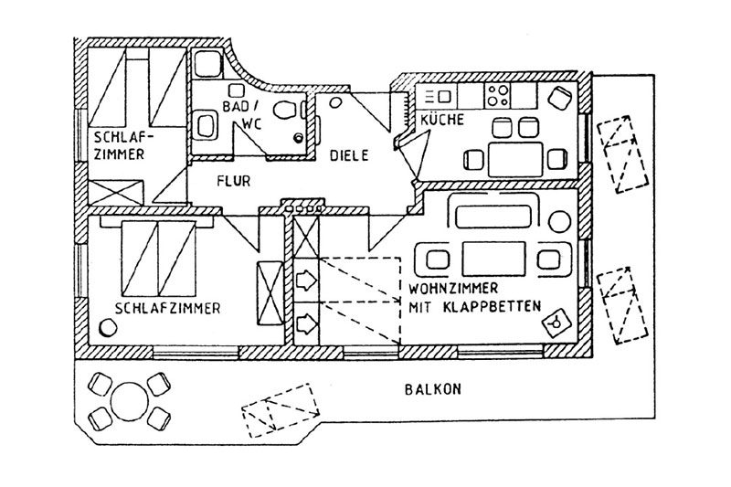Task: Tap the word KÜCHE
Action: tap(442, 121)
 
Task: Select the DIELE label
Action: tap(349, 156)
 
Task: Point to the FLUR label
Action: tap(235, 180)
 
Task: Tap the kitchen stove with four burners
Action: tap(498, 94)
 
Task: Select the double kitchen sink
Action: tap(432, 96)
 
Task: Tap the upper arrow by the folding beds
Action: tap(305, 277)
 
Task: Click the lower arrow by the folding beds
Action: tap(305, 322)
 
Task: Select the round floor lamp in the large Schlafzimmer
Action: tap(103, 325)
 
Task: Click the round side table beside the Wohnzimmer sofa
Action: tap(560, 219)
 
